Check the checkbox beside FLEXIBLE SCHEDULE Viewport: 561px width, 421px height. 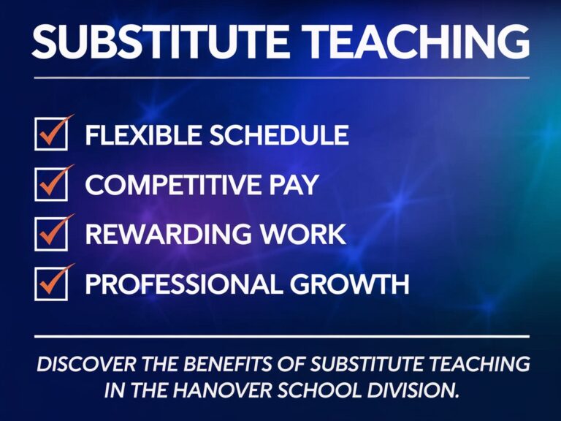(50, 135)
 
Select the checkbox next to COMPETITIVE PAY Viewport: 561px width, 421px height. (50, 186)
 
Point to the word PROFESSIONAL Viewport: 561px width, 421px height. (186, 284)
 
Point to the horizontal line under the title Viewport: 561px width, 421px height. (280, 77)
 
